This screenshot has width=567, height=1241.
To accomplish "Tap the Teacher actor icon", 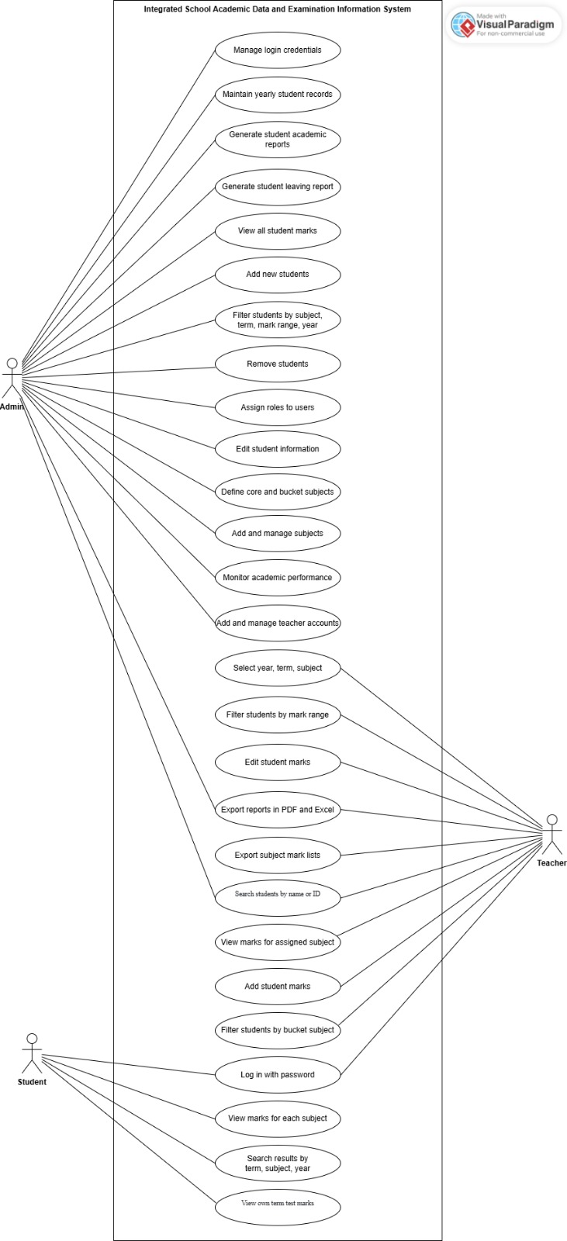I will (551, 834).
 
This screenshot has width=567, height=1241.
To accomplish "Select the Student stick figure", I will (32, 1053).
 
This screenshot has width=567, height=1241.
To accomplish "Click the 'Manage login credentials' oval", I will (278, 50).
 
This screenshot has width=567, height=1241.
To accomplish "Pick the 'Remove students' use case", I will (278, 364).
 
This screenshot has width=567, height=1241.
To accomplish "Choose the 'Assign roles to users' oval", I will (278, 407).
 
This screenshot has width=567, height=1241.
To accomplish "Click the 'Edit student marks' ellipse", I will (278, 762).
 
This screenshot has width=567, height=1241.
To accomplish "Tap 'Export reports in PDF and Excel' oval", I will (278, 810).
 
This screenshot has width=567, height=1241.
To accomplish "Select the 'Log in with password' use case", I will (278, 1075).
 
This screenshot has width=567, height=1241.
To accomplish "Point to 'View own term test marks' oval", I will (278, 1204).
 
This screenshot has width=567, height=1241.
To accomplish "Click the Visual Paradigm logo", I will (503, 26).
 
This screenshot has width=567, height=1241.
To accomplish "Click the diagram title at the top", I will (278, 9).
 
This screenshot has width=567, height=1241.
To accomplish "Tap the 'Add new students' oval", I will (278, 275).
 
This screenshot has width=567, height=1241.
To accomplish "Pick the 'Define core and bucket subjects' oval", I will (278, 492).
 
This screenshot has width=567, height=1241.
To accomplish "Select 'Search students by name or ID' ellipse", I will (278, 894).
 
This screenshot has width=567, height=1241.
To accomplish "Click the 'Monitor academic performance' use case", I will (278, 578).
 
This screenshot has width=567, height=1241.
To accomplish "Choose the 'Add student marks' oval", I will (278, 987).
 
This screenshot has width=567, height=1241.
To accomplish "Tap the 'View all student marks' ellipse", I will (278, 231).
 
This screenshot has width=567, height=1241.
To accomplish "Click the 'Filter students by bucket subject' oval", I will (278, 1030).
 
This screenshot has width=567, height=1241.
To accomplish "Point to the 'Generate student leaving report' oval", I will (278, 187).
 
